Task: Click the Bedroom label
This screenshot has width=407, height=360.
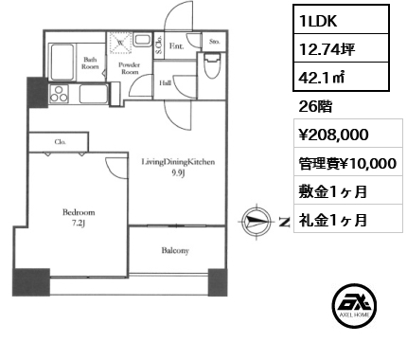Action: pyautogui.click(x=79, y=212)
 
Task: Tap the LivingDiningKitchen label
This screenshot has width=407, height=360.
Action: pyautogui.click(x=178, y=162)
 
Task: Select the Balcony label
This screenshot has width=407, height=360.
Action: pyautogui.click(x=175, y=251)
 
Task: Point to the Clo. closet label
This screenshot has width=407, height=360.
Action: pyautogui.click(x=60, y=142)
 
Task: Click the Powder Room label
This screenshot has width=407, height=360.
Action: pyautogui.click(x=130, y=68)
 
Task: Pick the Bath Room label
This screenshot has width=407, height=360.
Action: pyautogui.click(x=90, y=63)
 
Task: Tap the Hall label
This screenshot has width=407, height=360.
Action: pyautogui.click(x=166, y=83)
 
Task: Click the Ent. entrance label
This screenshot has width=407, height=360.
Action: pyautogui.click(x=176, y=46)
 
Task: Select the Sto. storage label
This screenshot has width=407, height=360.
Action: pyautogui.click(x=215, y=42)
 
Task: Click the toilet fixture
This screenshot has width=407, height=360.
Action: pyautogui.click(x=212, y=66)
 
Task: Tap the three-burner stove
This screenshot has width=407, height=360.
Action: pyautogui.click(x=59, y=94)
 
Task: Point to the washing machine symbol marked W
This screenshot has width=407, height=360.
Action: pyautogui.click(x=120, y=43)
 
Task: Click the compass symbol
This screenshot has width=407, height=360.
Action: pyautogui.click(x=257, y=222)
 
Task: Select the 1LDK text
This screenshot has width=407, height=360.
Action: pyautogui.click(x=318, y=21)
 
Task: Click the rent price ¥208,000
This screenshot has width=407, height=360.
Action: pyautogui.click(x=333, y=135)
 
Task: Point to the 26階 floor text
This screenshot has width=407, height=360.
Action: pyautogui.click(x=315, y=106)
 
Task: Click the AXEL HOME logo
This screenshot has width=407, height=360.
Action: pyautogui.click(x=354, y=305)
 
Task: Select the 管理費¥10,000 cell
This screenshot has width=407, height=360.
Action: pyautogui.click(x=348, y=162)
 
